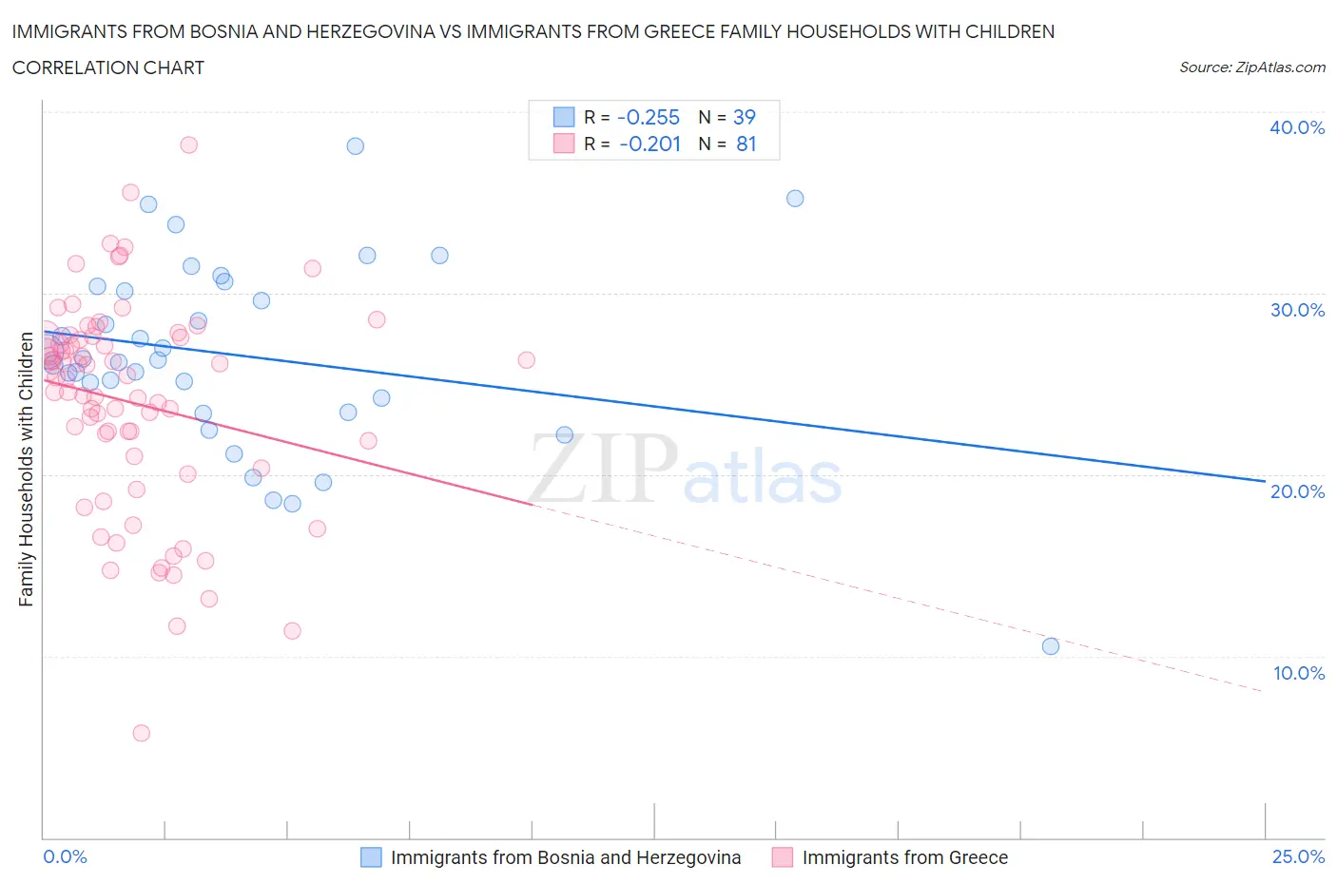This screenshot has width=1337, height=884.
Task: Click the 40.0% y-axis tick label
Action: click(1297, 127)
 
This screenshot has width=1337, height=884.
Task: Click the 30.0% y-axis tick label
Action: click(1297, 310)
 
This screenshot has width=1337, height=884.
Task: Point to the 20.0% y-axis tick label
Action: click(1297, 491)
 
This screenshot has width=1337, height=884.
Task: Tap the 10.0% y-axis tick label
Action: click(1298, 673)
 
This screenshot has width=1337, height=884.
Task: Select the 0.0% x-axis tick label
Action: click(65, 856)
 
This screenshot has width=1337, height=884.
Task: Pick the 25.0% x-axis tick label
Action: click(1298, 856)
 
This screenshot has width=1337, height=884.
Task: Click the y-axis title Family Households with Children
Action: click(26, 469)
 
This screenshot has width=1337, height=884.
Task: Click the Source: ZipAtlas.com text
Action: click(1251, 67)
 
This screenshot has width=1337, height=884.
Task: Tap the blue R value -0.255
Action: click(649, 117)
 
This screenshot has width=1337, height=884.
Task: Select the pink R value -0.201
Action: click(649, 144)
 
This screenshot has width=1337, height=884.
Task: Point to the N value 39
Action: click(744, 117)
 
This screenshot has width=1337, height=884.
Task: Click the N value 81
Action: click(746, 144)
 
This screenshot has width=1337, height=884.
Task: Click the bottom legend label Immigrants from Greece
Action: click(904, 857)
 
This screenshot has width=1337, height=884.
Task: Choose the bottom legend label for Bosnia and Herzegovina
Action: click(565, 857)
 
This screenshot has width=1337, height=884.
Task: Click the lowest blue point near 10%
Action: click(1051, 646)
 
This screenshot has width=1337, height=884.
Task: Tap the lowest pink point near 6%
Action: click(141, 733)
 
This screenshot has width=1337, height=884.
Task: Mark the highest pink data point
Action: click(188, 144)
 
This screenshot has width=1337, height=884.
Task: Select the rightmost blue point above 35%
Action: click(795, 199)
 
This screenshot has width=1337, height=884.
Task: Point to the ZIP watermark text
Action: click(603, 469)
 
